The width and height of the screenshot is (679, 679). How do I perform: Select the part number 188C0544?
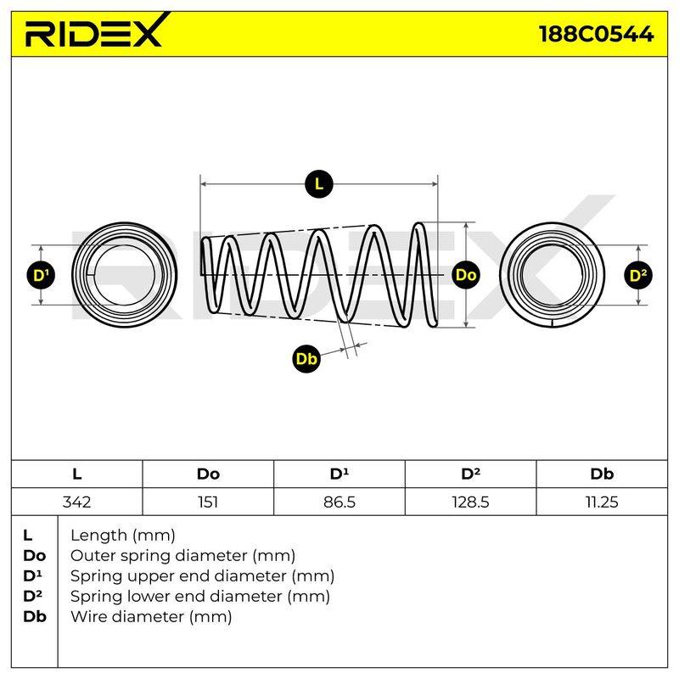click(x=597, y=34)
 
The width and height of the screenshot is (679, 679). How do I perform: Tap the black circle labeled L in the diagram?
click(x=319, y=184)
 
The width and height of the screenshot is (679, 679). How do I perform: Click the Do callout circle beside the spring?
click(x=466, y=275)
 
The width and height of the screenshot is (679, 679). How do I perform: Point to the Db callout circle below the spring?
click(x=306, y=359)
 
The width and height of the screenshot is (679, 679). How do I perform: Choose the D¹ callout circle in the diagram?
click(x=41, y=275)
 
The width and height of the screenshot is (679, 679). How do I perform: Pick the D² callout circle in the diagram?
click(x=638, y=275)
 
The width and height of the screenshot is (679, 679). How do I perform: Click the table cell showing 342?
click(x=77, y=502)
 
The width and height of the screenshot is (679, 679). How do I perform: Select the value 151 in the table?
click(x=208, y=502)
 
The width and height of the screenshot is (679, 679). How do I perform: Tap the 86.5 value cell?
click(x=339, y=502)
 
